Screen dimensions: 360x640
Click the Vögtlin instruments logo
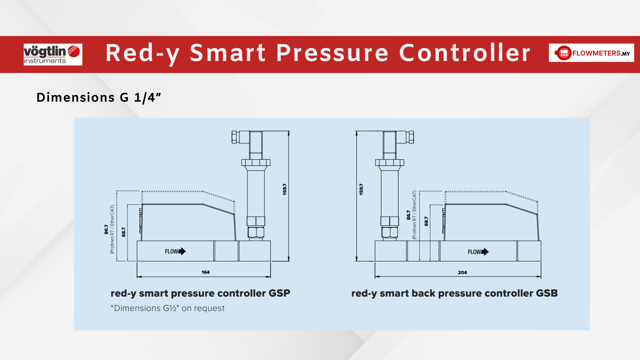click(x=53, y=54)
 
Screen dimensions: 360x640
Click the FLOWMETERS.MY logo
click(x=591, y=53)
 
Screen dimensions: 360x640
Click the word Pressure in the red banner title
click(x=332, y=53)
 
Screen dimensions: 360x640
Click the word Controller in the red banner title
click(x=465, y=53)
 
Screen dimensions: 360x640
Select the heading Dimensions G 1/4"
click(x=99, y=98)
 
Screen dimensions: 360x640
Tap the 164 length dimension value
click(x=205, y=272)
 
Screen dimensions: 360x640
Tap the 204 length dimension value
click(x=462, y=273)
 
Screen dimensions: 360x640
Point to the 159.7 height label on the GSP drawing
click(x=284, y=189)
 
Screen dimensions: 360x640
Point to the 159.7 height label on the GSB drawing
click(x=361, y=189)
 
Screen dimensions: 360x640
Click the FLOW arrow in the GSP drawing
click(x=175, y=251)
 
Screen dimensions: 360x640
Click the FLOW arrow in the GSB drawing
click(x=478, y=252)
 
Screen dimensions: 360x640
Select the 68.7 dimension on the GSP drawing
click(x=124, y=232)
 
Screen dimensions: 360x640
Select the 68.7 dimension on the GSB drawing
click(x=426, y=221)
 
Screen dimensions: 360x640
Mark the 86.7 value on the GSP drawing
click(x=106, y=229)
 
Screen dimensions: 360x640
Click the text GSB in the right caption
click(x=547, y=293)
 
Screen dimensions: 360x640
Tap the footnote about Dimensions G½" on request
click(x=168, y=308)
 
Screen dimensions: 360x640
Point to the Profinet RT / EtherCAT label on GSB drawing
click(x=414, y=215)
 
